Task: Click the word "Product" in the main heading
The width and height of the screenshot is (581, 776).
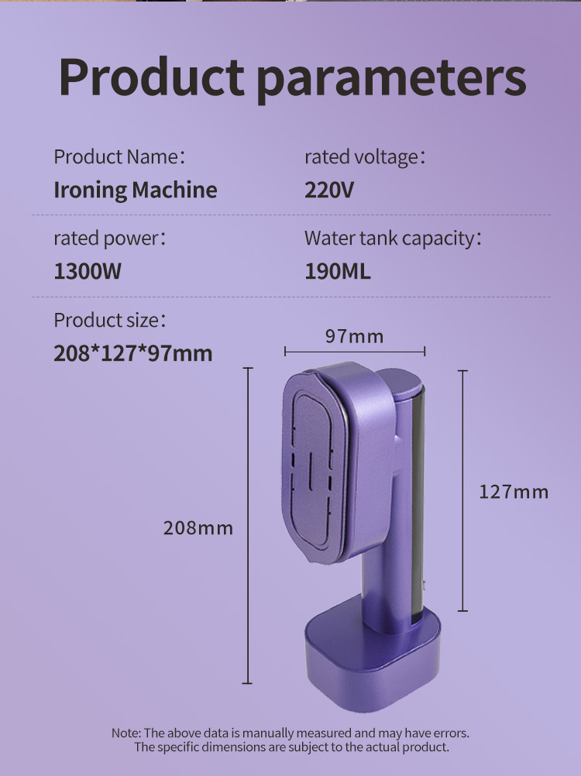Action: pos(152,78)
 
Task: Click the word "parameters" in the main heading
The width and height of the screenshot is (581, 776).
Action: pos(391,80)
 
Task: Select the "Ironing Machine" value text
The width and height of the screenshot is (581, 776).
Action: pos(135,191)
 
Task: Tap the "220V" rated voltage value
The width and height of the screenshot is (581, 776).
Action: pos(329,190)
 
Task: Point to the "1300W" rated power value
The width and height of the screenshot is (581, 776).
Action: pos(87,271)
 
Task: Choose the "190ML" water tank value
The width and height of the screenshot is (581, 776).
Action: pos(338,271)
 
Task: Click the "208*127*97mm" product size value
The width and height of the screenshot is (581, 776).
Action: pos(132,353)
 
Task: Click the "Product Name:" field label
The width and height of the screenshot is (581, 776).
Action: pos(119,157)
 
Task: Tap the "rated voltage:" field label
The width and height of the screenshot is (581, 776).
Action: pos(365,157)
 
